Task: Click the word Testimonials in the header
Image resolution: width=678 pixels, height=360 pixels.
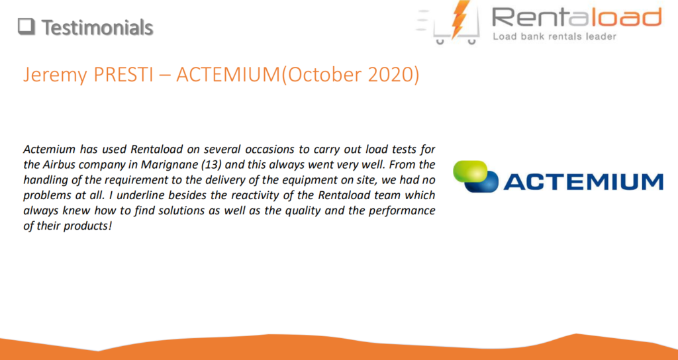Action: tap(97, 28)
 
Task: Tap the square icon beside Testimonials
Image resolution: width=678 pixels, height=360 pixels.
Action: tap(26, 26)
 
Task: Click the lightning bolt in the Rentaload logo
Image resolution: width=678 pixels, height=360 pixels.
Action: tap(460, 19)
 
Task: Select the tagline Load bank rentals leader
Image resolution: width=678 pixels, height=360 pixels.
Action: tap(554, 37)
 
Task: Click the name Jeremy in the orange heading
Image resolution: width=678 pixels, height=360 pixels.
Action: tap(56, 75)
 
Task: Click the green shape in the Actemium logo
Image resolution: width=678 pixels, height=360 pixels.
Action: tap(470, 171)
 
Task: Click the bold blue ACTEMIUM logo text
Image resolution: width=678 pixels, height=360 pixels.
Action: tap(583, 182)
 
